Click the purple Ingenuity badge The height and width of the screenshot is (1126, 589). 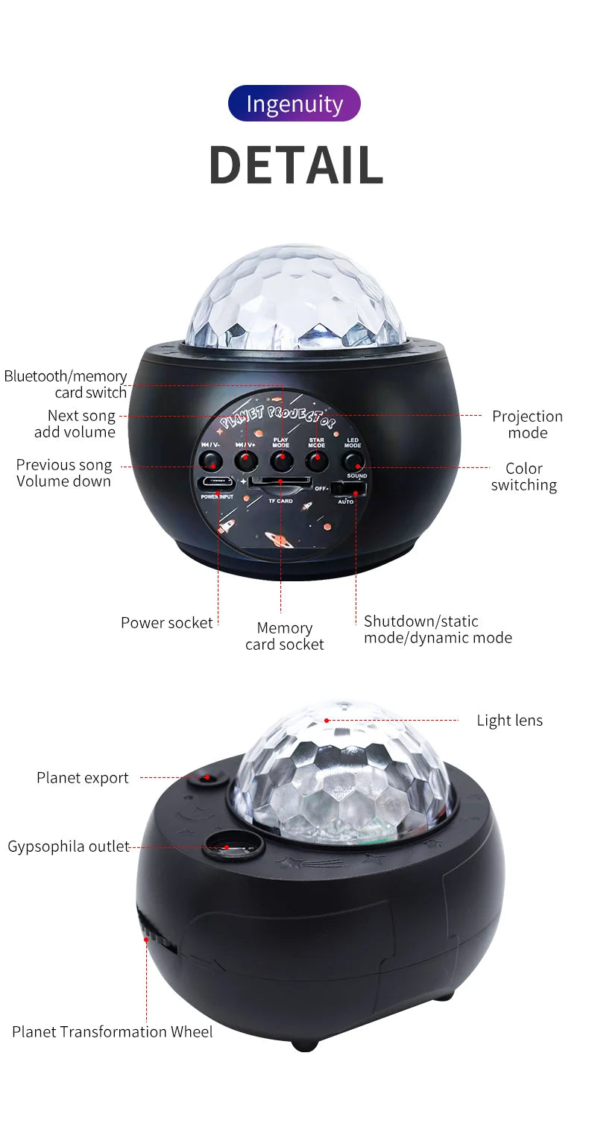pos(294,104)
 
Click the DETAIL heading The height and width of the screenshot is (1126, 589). pos(295,165)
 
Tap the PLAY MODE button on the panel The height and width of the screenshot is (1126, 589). pos(281,461)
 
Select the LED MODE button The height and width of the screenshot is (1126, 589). pos(353,461)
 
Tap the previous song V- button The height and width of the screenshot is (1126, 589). pos(210,461)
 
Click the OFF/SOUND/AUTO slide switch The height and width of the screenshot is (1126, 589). pos(349,489)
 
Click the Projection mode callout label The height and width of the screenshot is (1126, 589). pos(527,424)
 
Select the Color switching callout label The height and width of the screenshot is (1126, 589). pos(523,476)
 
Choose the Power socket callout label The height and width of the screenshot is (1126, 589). pos(166,622)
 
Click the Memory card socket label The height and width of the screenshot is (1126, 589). pos(284,636)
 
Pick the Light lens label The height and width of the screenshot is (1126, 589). pos(509,720)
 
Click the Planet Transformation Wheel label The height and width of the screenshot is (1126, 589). pos(112,1031)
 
